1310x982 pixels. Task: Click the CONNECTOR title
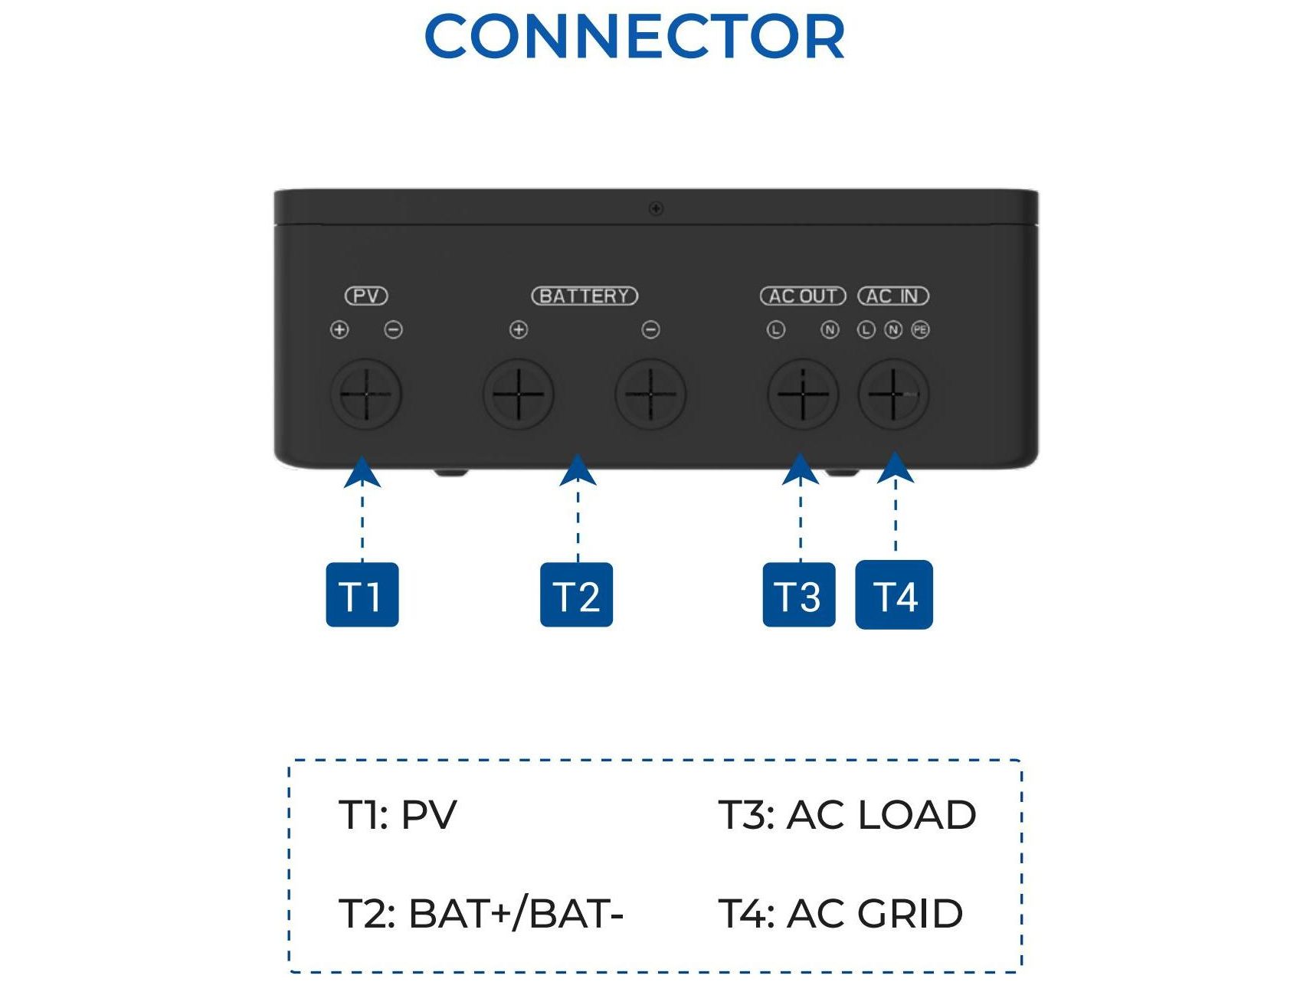pos(634,37)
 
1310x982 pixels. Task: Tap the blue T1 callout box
pos(362,595)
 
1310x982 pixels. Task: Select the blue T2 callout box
pos(576,595)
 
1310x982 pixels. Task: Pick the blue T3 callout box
pos(798,595)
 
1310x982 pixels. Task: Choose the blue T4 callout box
pos(893,595)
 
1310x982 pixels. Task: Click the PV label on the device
pos(366,296)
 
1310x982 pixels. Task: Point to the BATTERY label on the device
pos(585,296)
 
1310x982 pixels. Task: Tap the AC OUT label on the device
pos(802,296)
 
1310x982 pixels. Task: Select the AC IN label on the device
pos(892,296)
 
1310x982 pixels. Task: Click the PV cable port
pos(366,394)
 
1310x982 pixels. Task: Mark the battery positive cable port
pos(519,394)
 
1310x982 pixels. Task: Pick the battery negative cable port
pos(650,394)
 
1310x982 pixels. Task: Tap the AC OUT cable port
pos(803,394)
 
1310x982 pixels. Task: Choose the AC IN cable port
pos(893,394)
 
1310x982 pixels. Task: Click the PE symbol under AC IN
pos(920,329)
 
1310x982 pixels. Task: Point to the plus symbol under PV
pos(339,329)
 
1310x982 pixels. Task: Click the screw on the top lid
pos(656,208)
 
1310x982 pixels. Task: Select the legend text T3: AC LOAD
pos(847,814)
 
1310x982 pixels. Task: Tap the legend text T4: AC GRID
pos(840,913)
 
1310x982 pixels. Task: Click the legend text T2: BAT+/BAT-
pos(481,913)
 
